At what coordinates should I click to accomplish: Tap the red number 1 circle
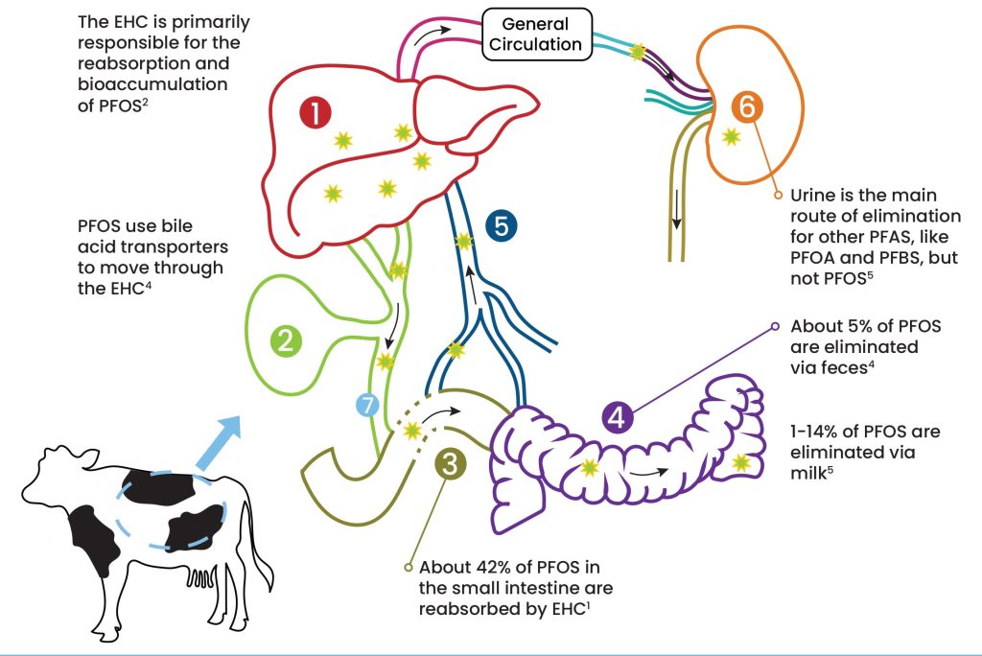tap(315, 114)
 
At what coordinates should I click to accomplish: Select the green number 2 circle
tap(285, 339)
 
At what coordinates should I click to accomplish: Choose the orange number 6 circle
tap(747, 108)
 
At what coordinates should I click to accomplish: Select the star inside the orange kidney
tap(732, 137)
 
